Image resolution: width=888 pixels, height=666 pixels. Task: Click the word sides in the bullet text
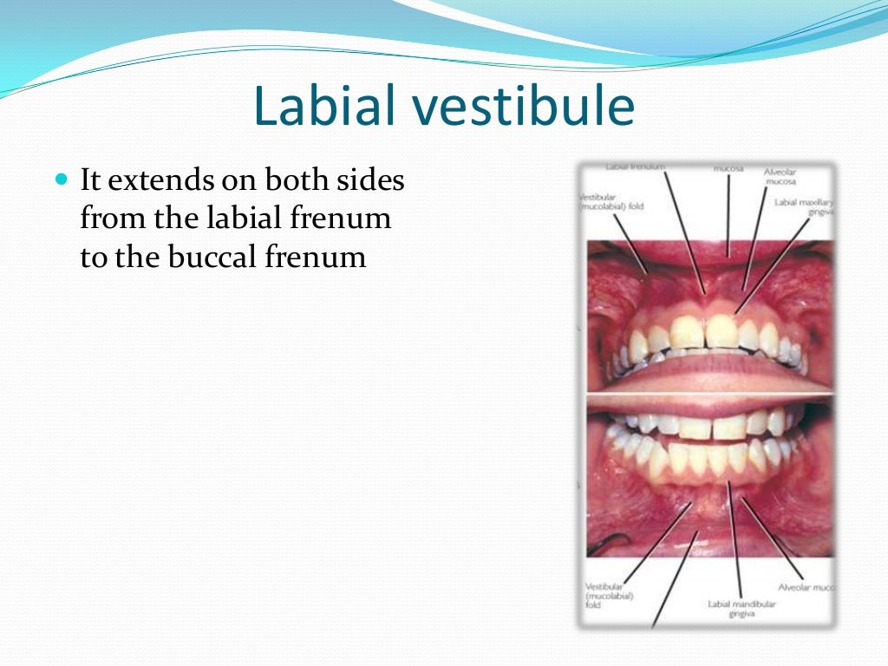click(369, 181)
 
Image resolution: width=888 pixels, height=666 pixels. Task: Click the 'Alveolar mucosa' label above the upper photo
click(780, 177)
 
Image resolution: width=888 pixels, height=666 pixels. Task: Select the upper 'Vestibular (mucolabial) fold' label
click(610, 202)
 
